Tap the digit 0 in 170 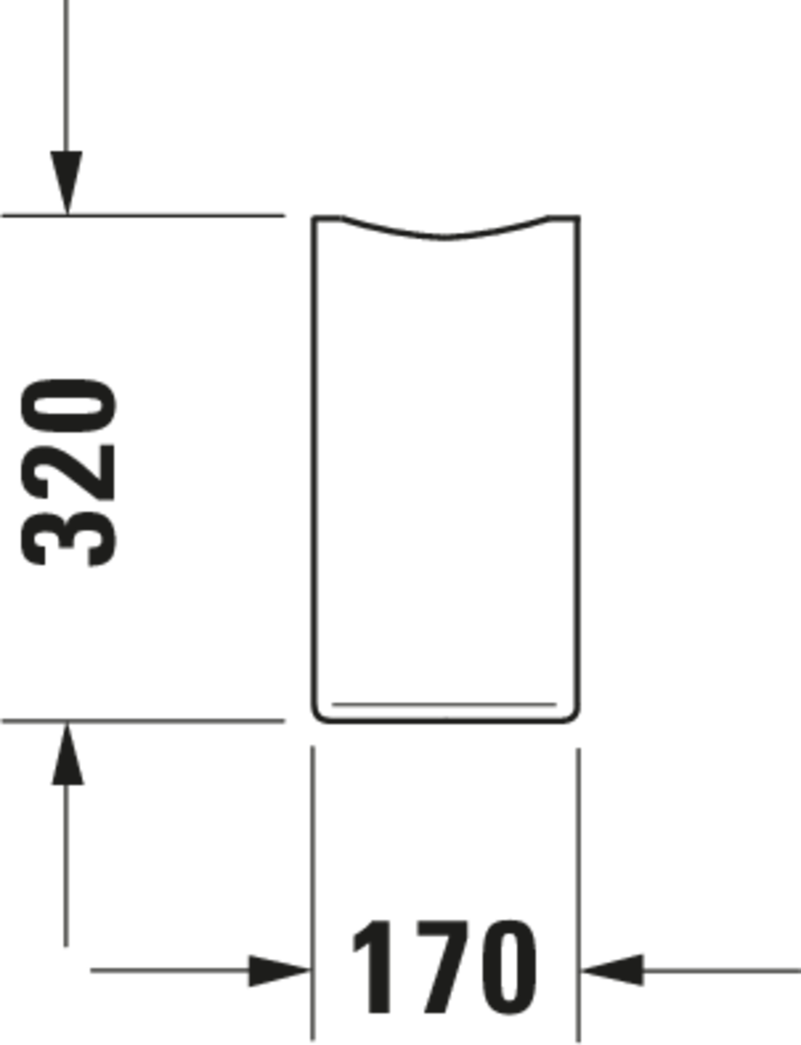509,967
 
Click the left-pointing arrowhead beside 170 612,970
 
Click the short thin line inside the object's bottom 444,704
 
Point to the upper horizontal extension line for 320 143,216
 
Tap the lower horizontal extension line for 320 143,721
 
